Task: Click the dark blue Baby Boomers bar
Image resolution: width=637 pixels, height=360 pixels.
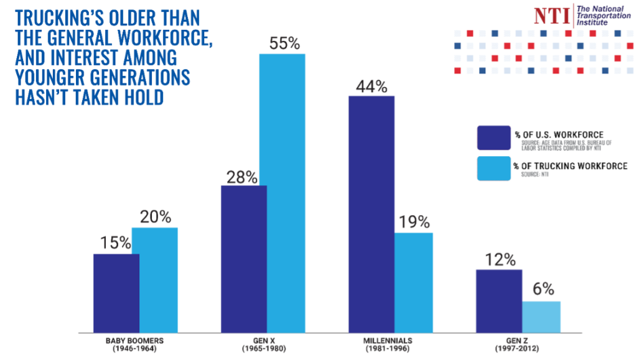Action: (x=116, y=293)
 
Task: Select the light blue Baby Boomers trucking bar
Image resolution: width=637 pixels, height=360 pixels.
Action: (x=155, y=280)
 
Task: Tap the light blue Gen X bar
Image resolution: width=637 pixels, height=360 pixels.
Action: (x=282, y=193)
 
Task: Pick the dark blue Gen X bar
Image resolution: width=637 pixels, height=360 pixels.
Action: (x=244, y=259)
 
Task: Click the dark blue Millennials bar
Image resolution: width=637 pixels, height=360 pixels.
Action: (x=371, y=214)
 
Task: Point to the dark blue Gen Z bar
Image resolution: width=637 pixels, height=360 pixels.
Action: (x=499, y=301)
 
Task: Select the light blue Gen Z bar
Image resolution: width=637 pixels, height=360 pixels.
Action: (x=541, y=316)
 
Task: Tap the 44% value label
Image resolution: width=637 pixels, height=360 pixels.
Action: (x=371, y=86)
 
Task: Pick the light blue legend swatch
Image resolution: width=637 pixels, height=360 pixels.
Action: (x=493, y=168)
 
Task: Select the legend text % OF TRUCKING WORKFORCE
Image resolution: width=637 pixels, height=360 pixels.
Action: (x=570, y=166)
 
